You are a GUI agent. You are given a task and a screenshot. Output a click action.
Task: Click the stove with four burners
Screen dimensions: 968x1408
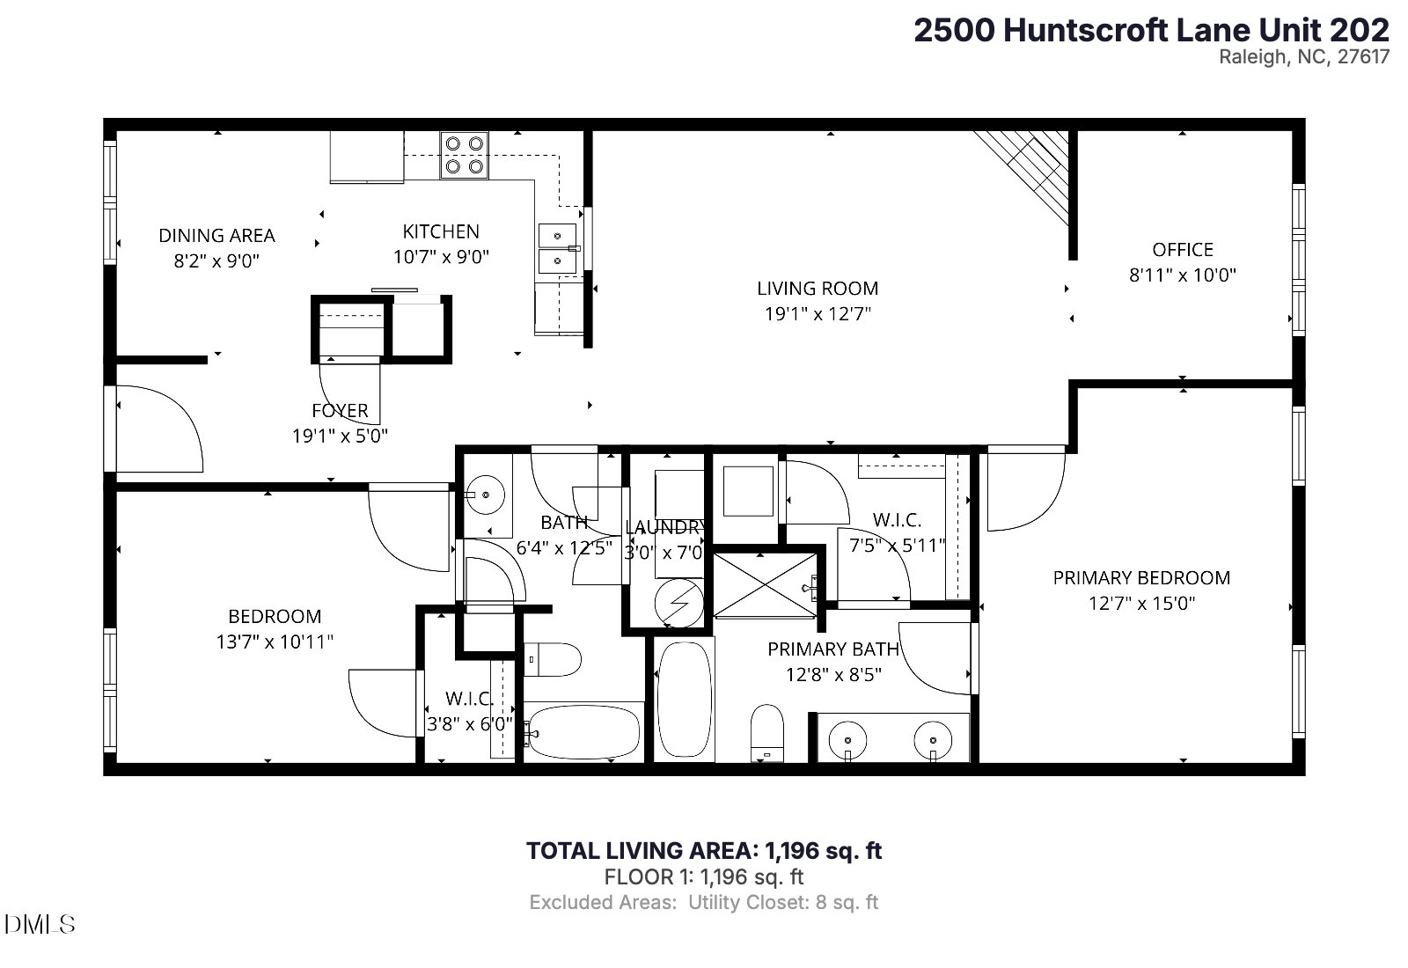coord(464,154)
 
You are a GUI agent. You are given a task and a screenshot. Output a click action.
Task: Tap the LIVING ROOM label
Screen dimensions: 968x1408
coord(818,288)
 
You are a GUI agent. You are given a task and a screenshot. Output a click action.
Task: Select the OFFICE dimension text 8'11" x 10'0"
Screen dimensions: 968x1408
coord(1182,275)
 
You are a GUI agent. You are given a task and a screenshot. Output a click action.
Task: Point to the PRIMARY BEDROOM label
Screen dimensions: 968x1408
coord(1141,577)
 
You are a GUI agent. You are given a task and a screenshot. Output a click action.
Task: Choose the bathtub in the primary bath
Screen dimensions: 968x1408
coord(684,700)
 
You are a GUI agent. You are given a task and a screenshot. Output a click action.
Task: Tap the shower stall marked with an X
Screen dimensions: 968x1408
coord(766,583)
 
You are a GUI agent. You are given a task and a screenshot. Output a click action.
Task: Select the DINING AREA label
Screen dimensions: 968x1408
coord(216,235)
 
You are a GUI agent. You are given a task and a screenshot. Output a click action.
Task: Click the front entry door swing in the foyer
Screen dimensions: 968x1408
coord(158,429)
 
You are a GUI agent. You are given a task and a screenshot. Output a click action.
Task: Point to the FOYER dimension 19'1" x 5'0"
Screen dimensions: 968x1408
coord(340,436)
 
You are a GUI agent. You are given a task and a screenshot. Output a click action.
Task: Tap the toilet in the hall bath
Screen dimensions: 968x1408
coord(554,659)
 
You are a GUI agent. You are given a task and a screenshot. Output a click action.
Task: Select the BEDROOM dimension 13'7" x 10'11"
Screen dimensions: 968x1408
coord(275,642)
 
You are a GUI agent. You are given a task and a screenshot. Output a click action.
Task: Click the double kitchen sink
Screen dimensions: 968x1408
coord(556,248)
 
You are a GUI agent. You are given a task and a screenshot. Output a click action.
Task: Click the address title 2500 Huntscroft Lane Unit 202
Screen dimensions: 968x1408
coord(1150,30)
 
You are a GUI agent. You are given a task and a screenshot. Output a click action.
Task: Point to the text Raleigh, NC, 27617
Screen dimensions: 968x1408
coord(1303,57)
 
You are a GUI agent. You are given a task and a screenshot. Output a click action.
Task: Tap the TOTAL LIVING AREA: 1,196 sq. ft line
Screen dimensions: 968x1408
coord(703,850)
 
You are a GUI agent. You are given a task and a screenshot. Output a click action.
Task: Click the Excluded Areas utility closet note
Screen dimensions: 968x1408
coord(703,902)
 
